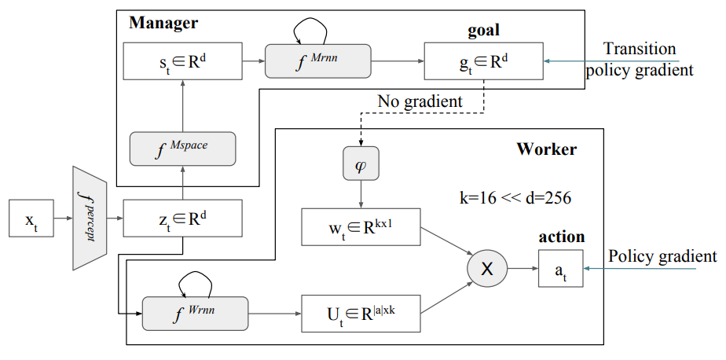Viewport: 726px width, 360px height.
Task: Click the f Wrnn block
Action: coord(194,314)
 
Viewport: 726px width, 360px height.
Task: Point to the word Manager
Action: coord(163,23)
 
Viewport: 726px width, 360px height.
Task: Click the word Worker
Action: coord(546,149)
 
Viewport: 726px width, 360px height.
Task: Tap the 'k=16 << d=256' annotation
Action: coord(515,197)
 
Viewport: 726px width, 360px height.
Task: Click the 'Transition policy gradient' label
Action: coord(640,60)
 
